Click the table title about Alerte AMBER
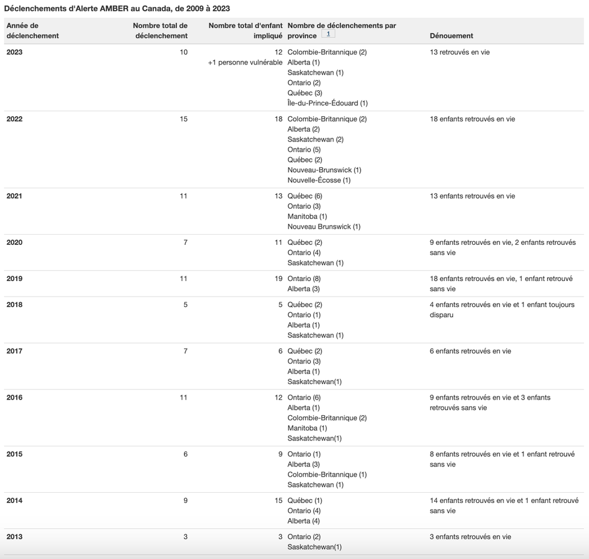coord(117,8)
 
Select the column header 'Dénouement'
coord(451,36)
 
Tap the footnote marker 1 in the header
coord(328,34)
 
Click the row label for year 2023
coord(14,52)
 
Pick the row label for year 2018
coord(14,304)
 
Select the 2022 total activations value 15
coord(183,119)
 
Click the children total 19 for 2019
coord(278,279)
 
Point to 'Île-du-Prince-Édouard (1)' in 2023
coord(328,103)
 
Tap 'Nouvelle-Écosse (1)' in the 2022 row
coord(319,180)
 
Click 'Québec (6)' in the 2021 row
coord(305,196)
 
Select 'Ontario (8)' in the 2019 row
coord(304,279)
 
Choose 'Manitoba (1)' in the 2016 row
coord(307,428)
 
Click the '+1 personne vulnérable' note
coord(245,63)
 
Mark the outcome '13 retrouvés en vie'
coord(459,52)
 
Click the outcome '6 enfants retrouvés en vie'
coord(470,351)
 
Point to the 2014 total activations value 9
coord(185,501)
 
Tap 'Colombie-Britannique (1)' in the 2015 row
coord(327,474)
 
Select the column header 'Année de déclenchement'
coord(32,31)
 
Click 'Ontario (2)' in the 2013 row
coord(304,537)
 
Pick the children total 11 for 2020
coord(278,242)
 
